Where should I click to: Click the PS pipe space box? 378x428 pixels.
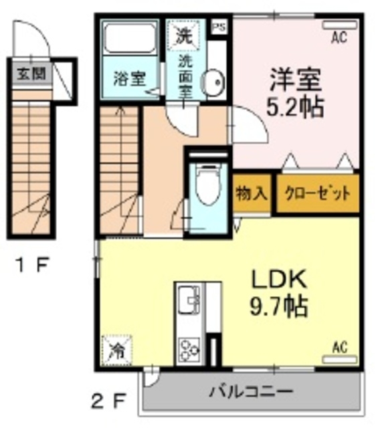coord(218,27)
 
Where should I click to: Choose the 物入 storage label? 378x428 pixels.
coord(252,194)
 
